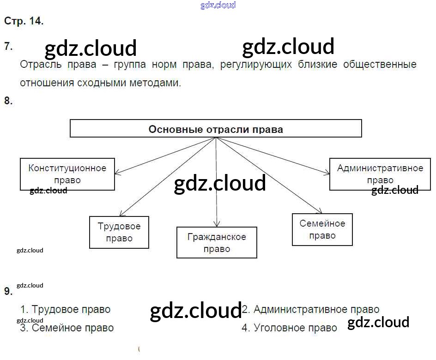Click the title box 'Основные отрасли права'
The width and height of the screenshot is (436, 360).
[216, 129]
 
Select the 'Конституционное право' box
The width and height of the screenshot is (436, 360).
[67, 174]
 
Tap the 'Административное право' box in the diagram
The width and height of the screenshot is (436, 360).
[380, 174]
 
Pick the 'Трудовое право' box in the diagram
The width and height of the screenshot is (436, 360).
[119, 232]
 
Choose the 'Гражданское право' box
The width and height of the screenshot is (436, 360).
[217, 242]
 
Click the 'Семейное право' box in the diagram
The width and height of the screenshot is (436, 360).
[322, 229]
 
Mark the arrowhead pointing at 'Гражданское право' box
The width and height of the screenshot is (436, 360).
[216, 224]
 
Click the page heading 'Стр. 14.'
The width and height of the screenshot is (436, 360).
[24, 21]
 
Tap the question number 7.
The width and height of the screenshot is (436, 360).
[8, 46]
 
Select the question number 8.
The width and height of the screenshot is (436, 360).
[8, 101]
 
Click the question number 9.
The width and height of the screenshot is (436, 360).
[8, 291]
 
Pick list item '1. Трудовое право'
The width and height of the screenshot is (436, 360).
[66, 309]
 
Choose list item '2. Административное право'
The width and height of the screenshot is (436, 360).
[311, 309]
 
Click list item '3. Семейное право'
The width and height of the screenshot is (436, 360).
[67, 328]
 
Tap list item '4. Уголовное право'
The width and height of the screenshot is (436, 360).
[290, 328]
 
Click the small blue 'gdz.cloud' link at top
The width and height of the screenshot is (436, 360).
[218, 5]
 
